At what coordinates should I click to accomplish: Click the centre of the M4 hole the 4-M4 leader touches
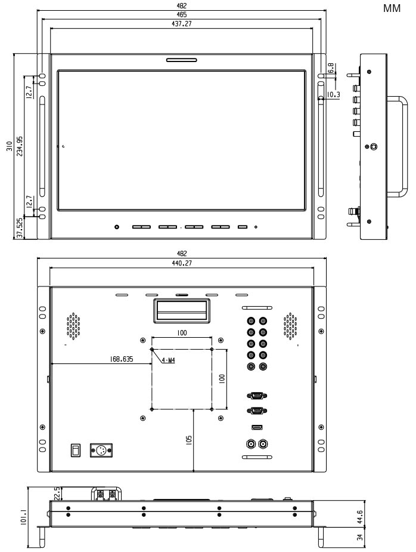tap(151, 349)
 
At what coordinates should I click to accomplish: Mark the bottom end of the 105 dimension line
tap(194, 471)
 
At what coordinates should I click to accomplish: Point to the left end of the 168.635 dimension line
tap(51, 363)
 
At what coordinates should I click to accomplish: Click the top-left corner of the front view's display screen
tap(58, 70)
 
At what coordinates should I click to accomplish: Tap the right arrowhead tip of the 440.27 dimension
tap(314, 267)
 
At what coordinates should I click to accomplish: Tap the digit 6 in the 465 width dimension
tap(182, 15)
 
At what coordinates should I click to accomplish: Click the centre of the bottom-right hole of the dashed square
tap(212, 409)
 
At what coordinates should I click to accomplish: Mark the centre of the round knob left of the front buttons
tap(117, 227)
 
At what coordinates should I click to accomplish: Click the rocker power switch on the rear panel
tap(76, 451)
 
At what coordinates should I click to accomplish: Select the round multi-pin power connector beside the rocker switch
tap(101, 451)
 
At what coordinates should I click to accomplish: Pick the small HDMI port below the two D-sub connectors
tap(257, 427)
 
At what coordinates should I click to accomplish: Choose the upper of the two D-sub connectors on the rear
tap(257, 396)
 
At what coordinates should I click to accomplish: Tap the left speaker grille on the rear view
tap(73, 326)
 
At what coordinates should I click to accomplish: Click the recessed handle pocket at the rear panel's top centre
tap(181, 311)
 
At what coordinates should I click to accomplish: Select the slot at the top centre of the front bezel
tap(181, 60)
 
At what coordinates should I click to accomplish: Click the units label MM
tap(392, 8)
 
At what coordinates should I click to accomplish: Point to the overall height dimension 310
tap(10, 146)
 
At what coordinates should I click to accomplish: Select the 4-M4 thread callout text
tap(169, 360)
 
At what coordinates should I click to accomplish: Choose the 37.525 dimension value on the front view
tap(20, 228)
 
